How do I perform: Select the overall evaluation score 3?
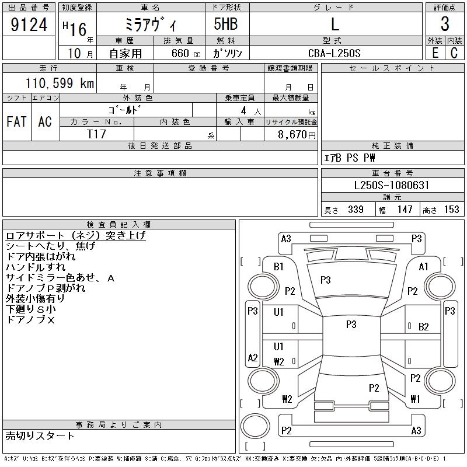tap(445, 25)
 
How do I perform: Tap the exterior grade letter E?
tap(435, 53)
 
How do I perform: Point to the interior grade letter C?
tap(454, 53)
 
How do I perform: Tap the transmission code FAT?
tap(16, 121)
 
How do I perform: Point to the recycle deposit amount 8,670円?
tap(298, 134)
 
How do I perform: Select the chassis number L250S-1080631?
tap(392, 186)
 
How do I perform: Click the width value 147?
tap(404, 210)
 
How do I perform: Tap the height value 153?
tap(451, 210)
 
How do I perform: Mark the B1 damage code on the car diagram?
tap(278, 266)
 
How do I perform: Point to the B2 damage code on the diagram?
tap(424, 326)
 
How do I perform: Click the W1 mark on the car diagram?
tap(415, 399)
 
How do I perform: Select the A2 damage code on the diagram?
tap(253, 358)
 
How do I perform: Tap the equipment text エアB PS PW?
tap(350, 158)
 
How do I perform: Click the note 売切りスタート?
tap(40, 436)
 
